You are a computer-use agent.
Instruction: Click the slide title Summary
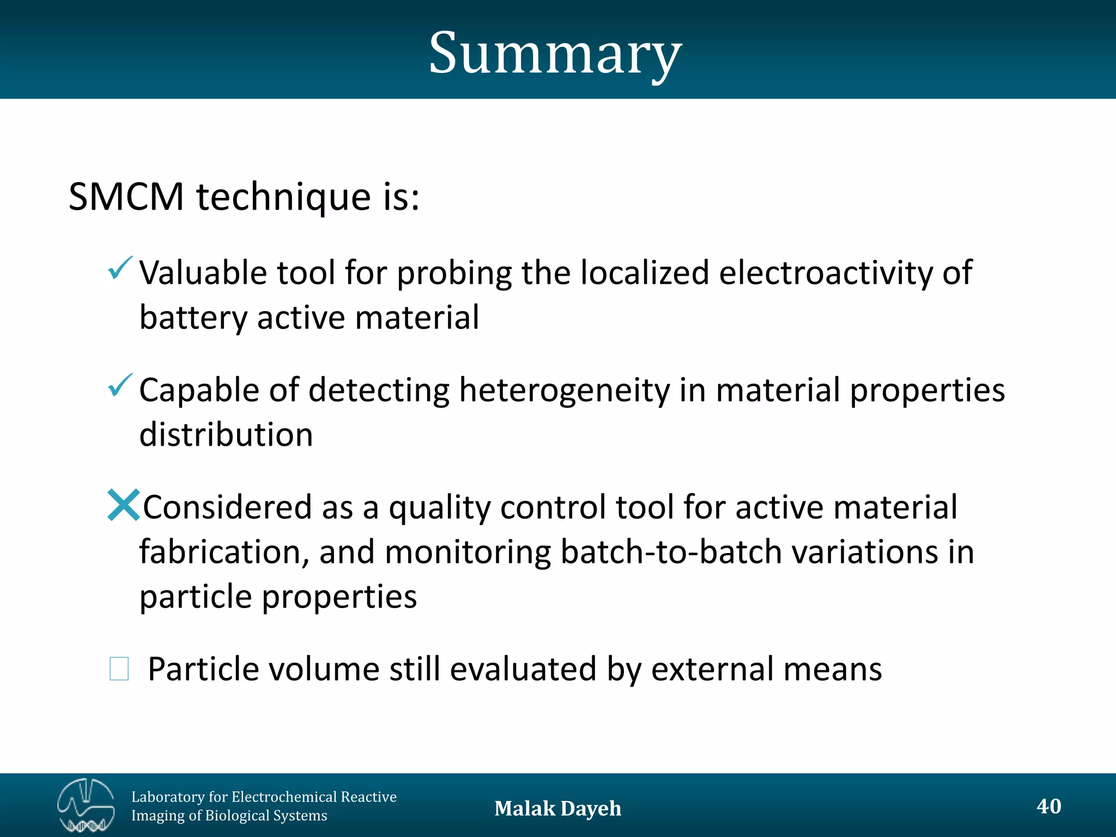(555, 53)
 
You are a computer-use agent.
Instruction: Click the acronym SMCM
(126, 197)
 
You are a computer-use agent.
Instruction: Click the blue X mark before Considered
(123, 505)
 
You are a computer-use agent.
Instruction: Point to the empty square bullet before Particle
(119, 669)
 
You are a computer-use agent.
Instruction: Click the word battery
(193, 318)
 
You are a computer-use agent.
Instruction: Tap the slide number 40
(1048, 806)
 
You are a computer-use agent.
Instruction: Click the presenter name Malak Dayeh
(557, 808)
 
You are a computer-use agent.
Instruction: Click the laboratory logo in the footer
(86, 805)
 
